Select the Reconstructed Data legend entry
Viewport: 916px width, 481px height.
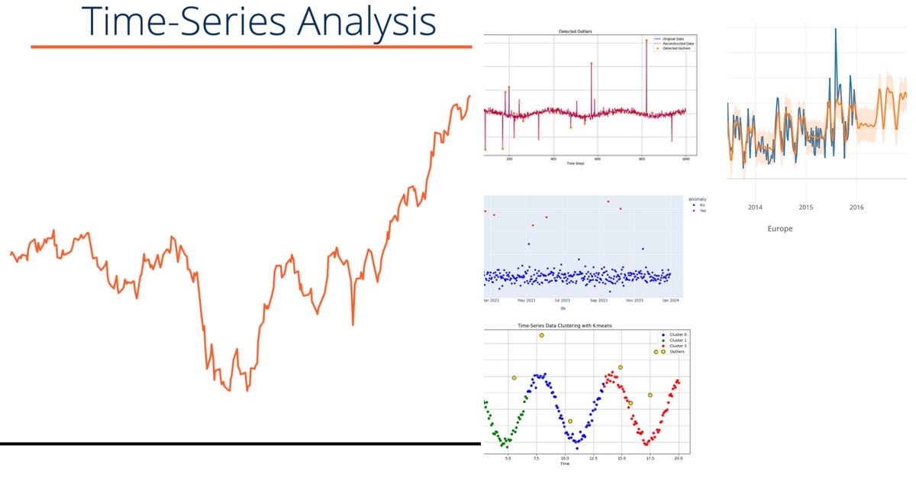coord(678,44)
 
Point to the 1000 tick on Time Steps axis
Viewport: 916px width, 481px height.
coord(685,159)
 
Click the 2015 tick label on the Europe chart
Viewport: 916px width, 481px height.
coord(806,207)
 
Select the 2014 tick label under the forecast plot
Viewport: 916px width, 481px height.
coord(755,207)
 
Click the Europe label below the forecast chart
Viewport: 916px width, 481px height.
coord(780,228)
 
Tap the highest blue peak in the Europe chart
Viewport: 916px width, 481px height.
coord(835,29)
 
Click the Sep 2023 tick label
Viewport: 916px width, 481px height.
coord(598,301)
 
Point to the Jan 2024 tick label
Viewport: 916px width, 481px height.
coord(669,301)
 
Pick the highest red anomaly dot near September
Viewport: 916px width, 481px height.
coord(608,202)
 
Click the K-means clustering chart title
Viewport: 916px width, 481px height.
coord(565,326)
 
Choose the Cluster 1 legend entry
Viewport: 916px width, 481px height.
coord(676,341)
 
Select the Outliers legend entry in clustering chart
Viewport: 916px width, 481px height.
coord(676,351)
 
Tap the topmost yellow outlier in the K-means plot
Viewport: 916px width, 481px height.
coord(541,335)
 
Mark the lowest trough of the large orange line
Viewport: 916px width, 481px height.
coord(247,390)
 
